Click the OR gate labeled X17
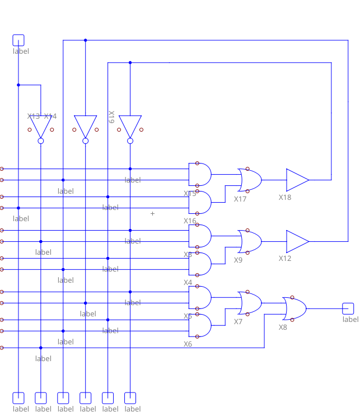pos(250,180)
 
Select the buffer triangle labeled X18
pos(297,180)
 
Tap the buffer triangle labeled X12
pos(297,241)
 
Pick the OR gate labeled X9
pos(250,241)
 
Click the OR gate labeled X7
pos(250,303)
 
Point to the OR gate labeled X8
pos(294,309)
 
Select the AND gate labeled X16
pos(201,203)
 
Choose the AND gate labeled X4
pos(201,264)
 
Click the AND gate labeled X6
pos(201,326)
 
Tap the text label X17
pos(240,199)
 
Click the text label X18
pos(285,198)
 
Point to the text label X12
pos(285,259)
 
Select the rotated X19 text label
pos(111,116)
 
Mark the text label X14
pos(50,116)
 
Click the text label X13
pos(34,116)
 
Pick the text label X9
pos(238,260)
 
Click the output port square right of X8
pos(348,308)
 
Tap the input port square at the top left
pos(18,40)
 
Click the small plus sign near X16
pos(152,213)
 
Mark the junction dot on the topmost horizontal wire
pos(85,40)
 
